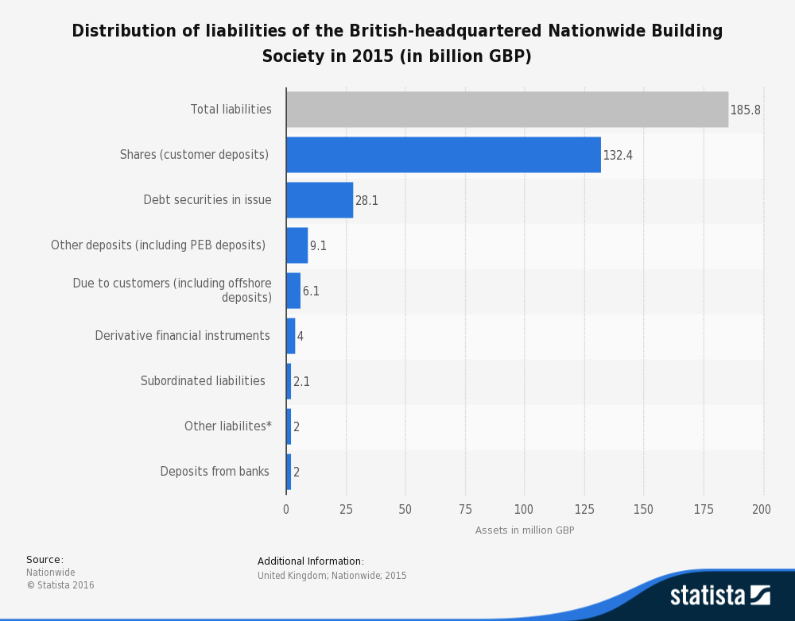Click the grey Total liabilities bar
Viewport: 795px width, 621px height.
(x=507, y=110)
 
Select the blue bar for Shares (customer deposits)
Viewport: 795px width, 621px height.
(x=444, y=155)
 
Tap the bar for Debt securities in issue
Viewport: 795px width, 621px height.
(x=320, y=200)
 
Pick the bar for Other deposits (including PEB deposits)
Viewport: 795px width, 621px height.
(x=297, y=245)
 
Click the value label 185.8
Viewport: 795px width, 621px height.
(x=745, y=110)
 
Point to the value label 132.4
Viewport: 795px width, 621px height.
(x=618, y=156)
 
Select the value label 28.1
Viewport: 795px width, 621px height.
(x=366, y=201)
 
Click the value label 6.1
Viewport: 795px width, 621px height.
(x=311, y=291)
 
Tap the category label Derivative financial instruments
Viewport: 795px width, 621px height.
(x=182, y=336)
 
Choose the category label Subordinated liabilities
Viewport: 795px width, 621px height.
(x=203, y=381)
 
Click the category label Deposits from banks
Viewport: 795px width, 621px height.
(x=215, y=472)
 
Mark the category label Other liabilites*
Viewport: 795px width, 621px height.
(x=227, y=426)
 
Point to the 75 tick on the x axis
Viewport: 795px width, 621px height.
(x=465, y=509)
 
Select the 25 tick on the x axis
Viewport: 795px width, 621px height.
(x=346, y=509)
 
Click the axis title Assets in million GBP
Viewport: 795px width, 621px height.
(x=525, y=530)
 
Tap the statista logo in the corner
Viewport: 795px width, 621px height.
(x=719, y=596)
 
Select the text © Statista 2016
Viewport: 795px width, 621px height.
(x=60, y=585)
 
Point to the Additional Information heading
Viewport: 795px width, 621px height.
(x=310, y=561)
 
